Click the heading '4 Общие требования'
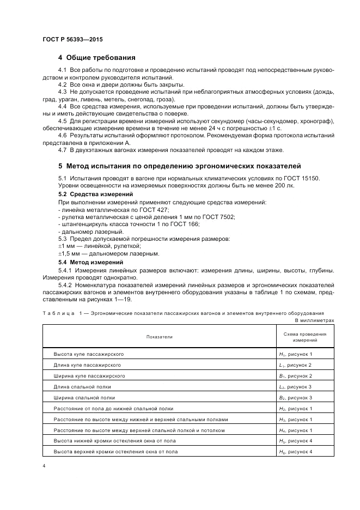(x=96, y=57)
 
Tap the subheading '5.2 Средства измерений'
(x=88, y=195)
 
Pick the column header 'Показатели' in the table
(x=159, y=337)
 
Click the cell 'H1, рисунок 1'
(x=295, y=354)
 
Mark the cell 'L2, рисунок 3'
(x=295, y=387)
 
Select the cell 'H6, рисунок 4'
(x=295, y=452)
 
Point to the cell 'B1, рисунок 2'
(x=295, y=376)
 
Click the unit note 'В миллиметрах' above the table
(x=314, y=321)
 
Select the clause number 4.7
(x=62, y=150)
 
